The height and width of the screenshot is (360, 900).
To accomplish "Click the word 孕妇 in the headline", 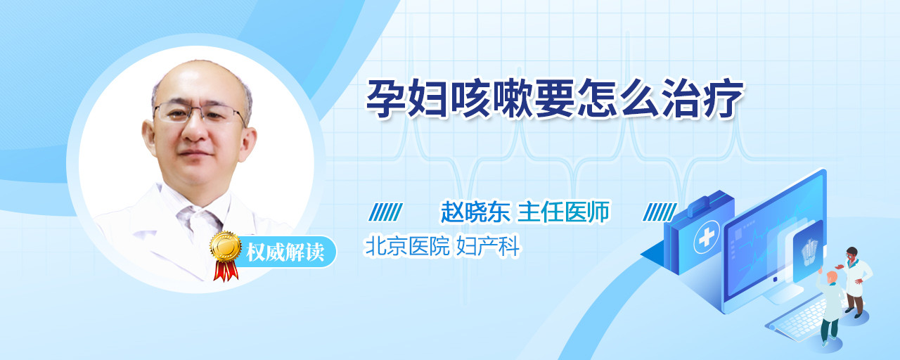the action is [x=407, y=98].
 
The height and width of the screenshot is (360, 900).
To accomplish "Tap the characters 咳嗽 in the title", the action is [x=491, y=98].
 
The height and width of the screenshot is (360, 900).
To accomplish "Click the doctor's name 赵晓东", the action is [x=475, y=212].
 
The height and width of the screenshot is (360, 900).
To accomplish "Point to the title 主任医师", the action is [x=563, y=212].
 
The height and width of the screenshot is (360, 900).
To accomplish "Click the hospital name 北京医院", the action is [x=406, y=246].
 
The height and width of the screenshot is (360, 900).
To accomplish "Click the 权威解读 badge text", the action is [x=285, y=252].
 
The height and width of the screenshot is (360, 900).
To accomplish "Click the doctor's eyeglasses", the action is [x=200, y=112].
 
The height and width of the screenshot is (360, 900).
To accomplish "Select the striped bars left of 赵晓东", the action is [x=385, y=212].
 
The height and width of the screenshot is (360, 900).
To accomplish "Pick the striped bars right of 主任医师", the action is [x=660, y=212].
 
